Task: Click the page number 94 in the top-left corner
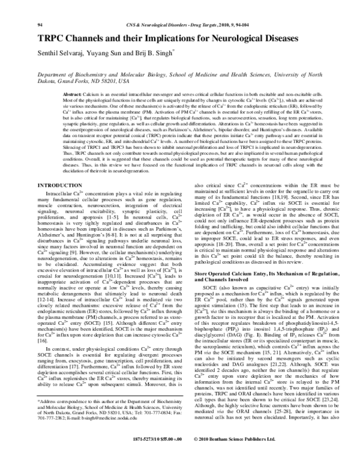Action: click(x=40, y=7)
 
